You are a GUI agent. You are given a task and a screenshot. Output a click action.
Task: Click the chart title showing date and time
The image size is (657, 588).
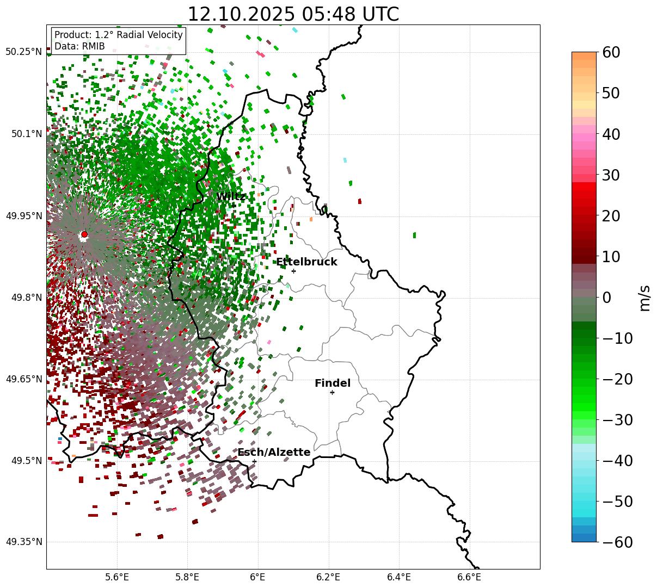tap(293, 14)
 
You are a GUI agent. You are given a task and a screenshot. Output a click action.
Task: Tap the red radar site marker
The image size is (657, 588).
tap(84, 234)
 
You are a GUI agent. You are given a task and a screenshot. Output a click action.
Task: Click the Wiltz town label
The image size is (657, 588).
tap(231, 197)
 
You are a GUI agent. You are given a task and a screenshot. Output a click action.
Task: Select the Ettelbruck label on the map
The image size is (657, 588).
tap(306, 262)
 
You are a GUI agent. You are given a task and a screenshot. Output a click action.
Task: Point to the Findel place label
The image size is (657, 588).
tap(333, 383)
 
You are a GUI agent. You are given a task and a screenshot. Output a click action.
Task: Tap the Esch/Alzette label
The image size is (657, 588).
tap(274, 453)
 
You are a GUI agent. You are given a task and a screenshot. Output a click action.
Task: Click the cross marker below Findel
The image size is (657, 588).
tap(332, 392)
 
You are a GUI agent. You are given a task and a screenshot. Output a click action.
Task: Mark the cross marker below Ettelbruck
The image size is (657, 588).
tap(293, 271)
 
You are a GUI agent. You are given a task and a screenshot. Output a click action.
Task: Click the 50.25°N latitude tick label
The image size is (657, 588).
tap(23, 52)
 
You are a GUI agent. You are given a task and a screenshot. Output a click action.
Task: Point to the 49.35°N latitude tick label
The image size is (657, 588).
tap(23, 542)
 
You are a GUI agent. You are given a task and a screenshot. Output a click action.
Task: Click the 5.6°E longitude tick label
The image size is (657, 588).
tap(117, 577)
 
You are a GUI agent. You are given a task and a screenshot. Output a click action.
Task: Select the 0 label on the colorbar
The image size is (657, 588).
tap(606, 298)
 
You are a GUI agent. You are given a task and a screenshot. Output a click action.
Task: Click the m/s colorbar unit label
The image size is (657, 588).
tap(644, 298)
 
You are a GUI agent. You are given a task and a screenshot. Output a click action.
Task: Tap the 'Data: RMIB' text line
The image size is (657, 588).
tap(79, 47)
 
